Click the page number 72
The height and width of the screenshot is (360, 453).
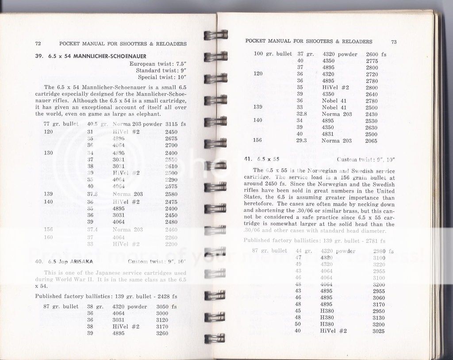(x=38, y=44)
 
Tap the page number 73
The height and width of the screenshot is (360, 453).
(x=394, y=42)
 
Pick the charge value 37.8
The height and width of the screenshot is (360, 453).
(x=92, y=194)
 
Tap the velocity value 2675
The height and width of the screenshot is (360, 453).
(x=171, y=138)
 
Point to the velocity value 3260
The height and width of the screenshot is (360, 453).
(x=162, y=333)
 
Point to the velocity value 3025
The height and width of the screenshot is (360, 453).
(x=379, y=331)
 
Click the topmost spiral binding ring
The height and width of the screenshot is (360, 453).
(x=216, y=34)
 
